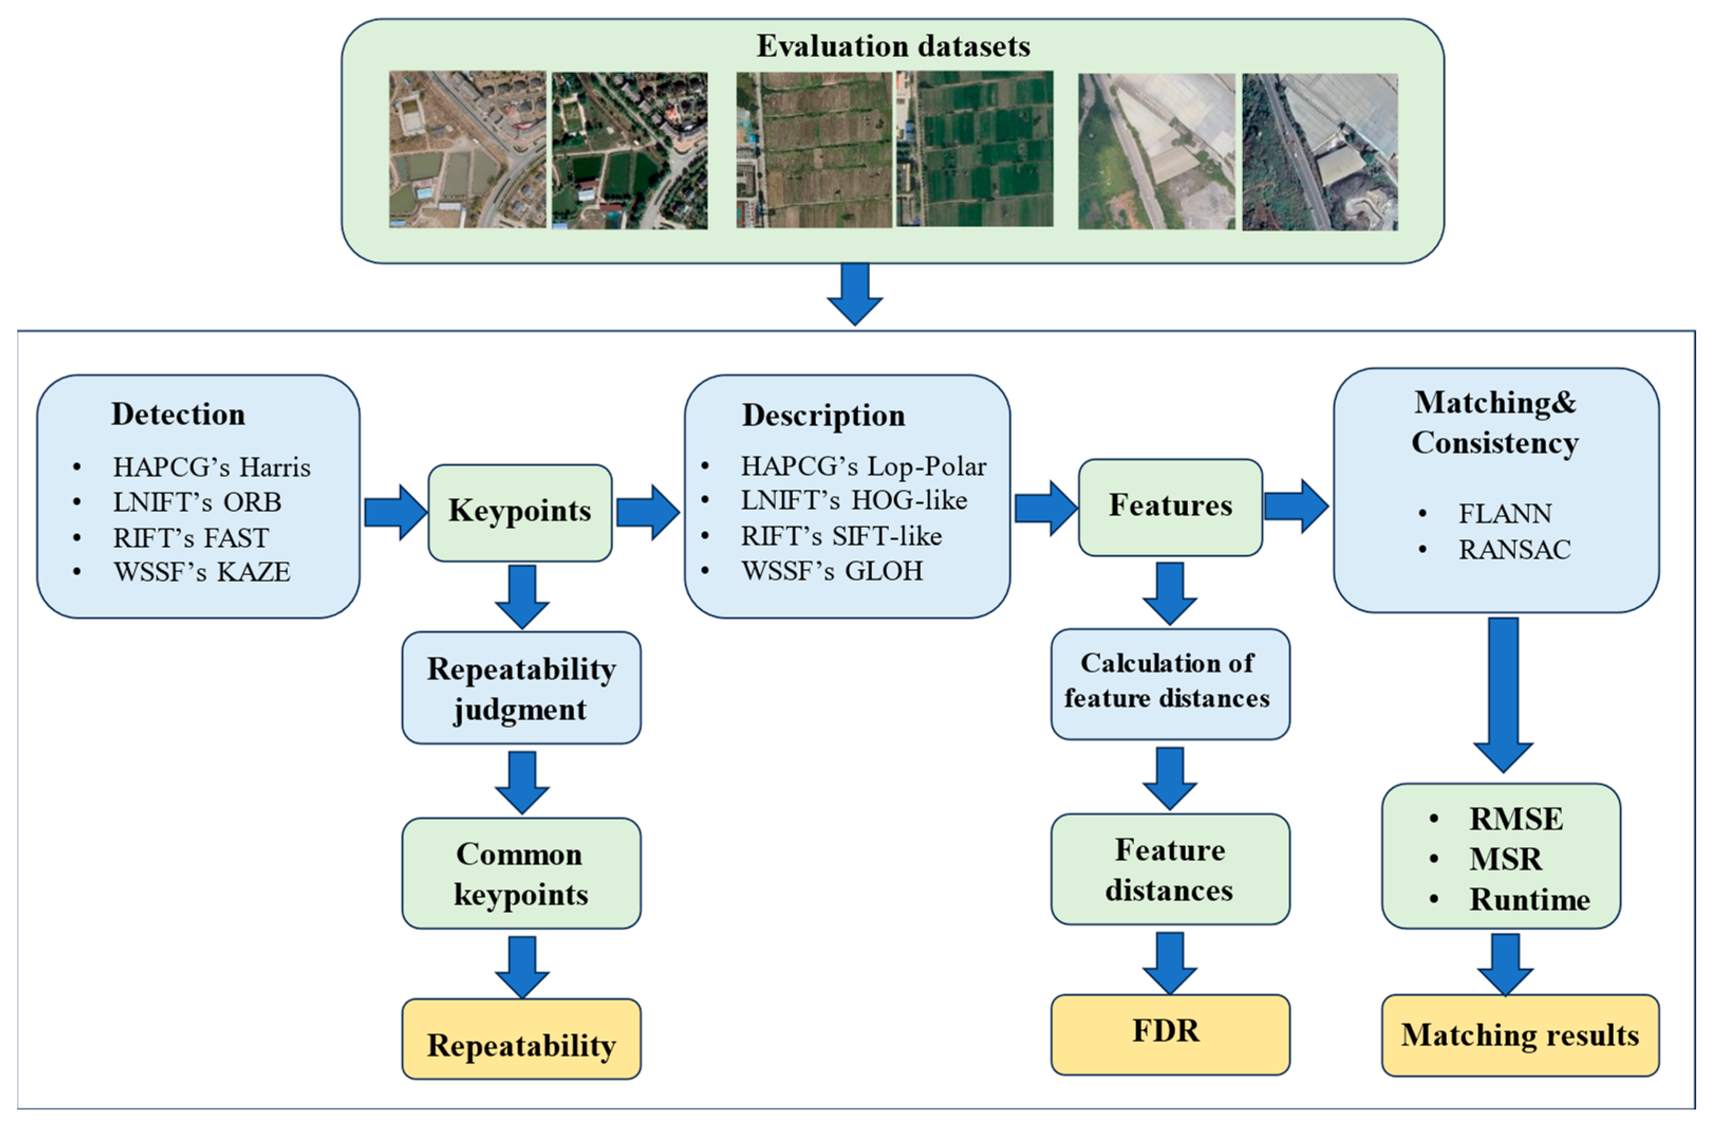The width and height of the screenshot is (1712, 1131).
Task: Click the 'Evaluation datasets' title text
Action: click(x=892, y=46)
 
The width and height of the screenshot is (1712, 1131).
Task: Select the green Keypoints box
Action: click(x=520, y=512)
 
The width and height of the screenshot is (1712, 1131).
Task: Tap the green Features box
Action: click(x=1170, y=507)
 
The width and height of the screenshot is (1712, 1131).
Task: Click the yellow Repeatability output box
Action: click(x=521, y=1044)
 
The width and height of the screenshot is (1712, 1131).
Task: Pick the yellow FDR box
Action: click(x=1169, y=1033)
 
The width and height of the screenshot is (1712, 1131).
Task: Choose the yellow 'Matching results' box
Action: click(x=1519, y=1035)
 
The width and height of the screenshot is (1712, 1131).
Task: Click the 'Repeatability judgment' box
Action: click(x=521, y=688)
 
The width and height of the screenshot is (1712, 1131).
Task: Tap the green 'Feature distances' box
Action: click(x=1169, y=869)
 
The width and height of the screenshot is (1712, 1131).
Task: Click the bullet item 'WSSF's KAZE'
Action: click(x=201, y=572)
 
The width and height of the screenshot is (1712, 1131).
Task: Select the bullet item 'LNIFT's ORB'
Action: click(x=197, y=502)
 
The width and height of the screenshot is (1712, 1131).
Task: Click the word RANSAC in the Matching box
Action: click(x=1514, y=549)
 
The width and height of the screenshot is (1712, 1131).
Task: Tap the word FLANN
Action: click(x=1505, y=513)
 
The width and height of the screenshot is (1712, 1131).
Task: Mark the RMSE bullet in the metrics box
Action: click(x=1516, y=819)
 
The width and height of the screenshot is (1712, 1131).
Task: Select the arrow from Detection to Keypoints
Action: click(x=395, y=512)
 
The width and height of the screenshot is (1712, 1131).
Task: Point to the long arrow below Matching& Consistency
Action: click(x=1503, y=693)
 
